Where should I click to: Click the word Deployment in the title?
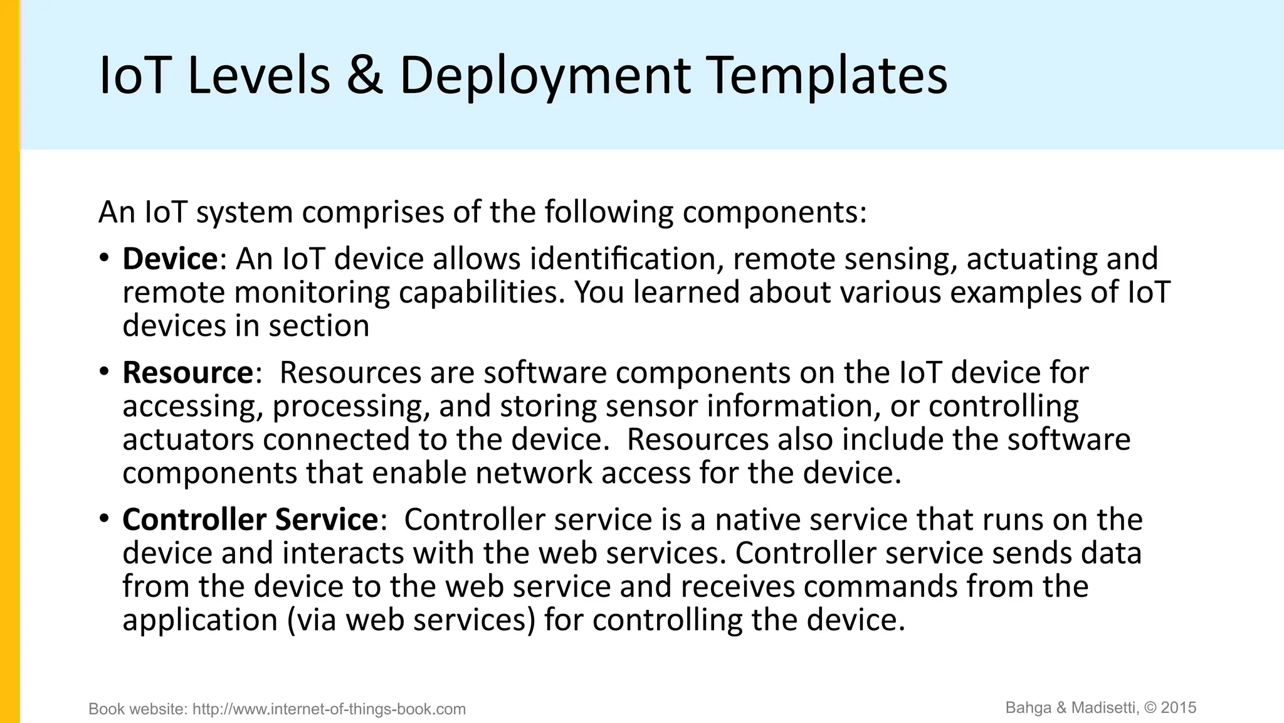point(544,77)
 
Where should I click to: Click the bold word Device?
point(170,259)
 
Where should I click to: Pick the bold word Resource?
point(187,373)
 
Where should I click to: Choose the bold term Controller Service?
point(250,520)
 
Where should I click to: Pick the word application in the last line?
point(200,620)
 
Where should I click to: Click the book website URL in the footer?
point(329,709)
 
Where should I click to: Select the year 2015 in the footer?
point(1179,708)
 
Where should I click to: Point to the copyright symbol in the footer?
point(1150,708)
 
